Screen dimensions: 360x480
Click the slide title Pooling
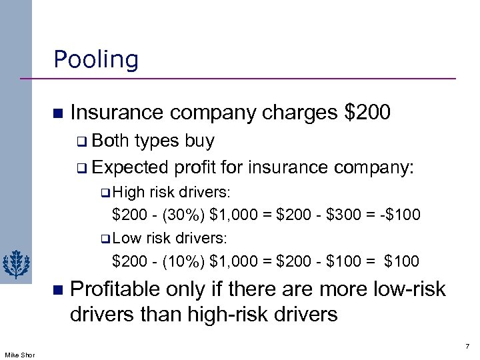(96, 60)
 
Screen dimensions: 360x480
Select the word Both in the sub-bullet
(111, 141)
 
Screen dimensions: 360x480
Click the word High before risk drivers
(129, 193)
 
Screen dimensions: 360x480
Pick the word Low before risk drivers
(127, 238)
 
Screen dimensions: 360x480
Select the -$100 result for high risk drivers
(400, 215)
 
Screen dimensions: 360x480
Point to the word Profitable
(115, 289)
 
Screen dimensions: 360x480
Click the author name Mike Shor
(18, 355)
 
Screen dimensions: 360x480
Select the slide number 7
(467, 347)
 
